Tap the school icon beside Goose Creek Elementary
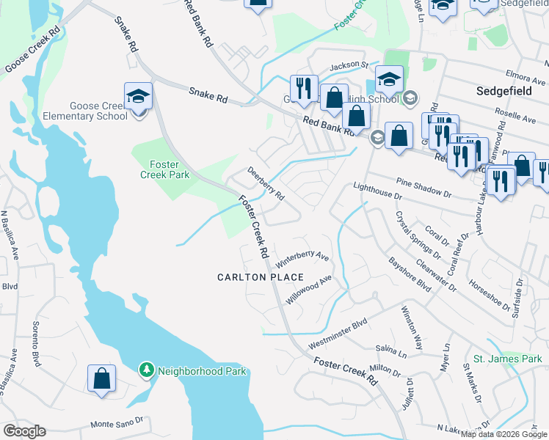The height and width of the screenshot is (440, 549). [137, 96]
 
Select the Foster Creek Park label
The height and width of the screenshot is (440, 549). [165, 169]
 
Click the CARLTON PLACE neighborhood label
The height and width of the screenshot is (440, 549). [261, 277]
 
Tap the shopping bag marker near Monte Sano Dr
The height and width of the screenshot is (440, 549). [101, 378]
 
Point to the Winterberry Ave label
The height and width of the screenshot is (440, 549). [302, 257]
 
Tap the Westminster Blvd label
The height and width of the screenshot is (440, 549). [338, 334]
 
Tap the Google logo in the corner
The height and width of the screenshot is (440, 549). [24, 431]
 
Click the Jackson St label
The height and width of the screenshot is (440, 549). [349, 65]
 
